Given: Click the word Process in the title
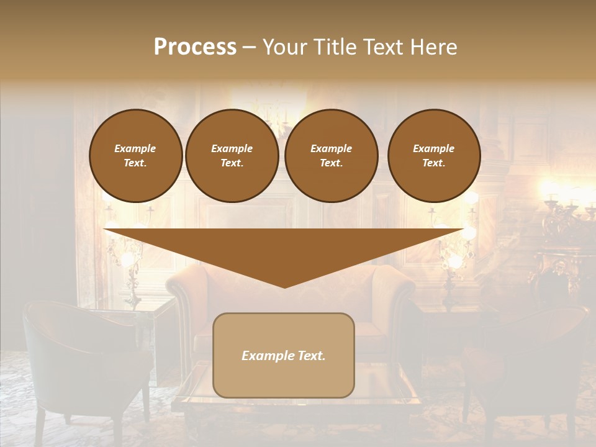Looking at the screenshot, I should (x=195, y=47).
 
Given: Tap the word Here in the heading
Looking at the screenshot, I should (x=435, y=47).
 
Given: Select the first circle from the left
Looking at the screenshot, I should (x=135, y=156).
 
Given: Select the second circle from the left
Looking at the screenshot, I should (x=232, y=156).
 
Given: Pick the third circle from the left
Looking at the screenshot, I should (x=331, y=156).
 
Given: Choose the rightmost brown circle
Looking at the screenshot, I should (x=433, y=156).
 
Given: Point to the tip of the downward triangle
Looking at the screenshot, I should (x=284, y=286).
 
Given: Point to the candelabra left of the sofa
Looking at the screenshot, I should (x=127, y=261).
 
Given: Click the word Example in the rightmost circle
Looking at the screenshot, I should (x=433, y=148).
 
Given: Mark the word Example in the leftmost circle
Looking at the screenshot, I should (x=135, y=148).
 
